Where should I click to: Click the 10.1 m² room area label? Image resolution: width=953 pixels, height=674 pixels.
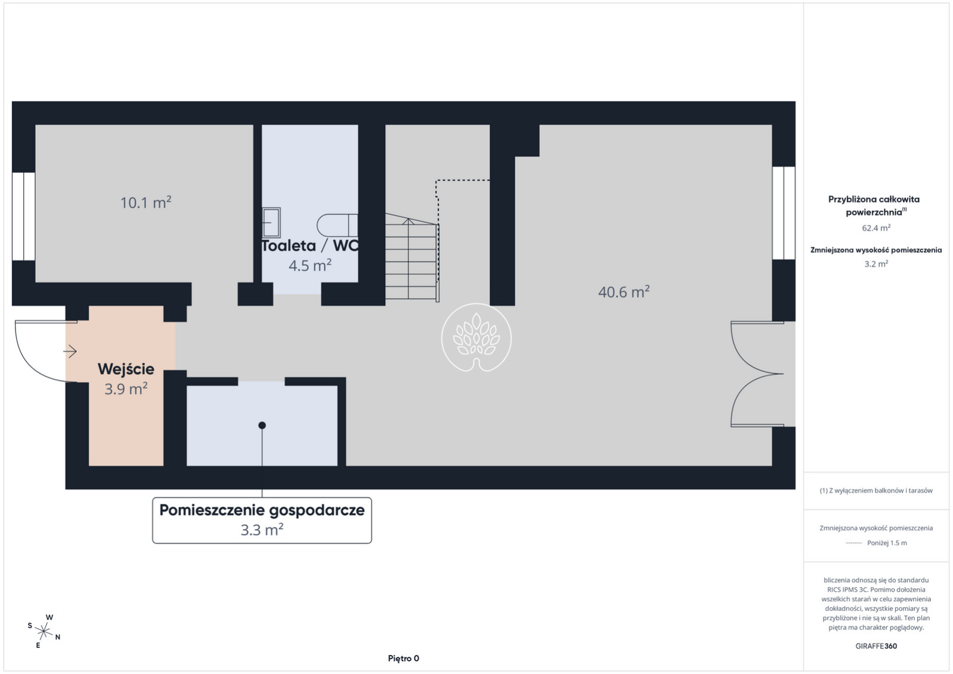click(x=146, y=203)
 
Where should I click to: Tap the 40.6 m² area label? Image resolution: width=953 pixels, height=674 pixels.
click(x=624, y=292)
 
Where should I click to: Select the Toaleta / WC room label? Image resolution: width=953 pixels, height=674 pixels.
click(x=310, y=246)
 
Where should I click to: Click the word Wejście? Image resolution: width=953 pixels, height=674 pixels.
click(x=126, y=369)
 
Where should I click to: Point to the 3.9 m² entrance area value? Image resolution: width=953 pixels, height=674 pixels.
click(x=126, y=389)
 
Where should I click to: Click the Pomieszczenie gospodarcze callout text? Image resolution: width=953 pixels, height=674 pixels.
click(x=262, y=510)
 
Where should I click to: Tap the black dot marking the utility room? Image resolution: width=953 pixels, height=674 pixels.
click(x=262, y=425)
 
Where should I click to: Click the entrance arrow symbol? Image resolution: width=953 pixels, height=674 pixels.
click(x=70, y=352)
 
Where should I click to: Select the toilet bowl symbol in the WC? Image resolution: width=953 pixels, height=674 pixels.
click(x=337, y=225)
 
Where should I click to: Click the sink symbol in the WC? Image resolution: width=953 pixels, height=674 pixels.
click(x=271, y=222)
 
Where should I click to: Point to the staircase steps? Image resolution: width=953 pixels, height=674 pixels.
click(x=412, y=258)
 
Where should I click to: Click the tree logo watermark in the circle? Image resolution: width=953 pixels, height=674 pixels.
click(x=476, y=337)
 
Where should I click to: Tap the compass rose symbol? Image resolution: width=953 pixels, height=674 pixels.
click(x=44, y=632)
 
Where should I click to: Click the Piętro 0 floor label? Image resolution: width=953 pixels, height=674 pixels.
click(x=403, y=659)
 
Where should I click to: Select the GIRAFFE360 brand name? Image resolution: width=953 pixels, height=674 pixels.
click(x=876, y=646)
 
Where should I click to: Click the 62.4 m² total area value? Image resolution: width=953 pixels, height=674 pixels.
click(x=876, y=228)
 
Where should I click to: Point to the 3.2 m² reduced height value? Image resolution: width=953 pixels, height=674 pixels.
click(x=876, y=263)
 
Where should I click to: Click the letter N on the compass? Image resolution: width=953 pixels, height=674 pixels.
click(x=58, y=637)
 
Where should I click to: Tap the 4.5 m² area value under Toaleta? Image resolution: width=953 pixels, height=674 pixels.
click(x=310, y=266)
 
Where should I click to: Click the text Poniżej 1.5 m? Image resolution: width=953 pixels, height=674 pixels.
click(x=887, y=543)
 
